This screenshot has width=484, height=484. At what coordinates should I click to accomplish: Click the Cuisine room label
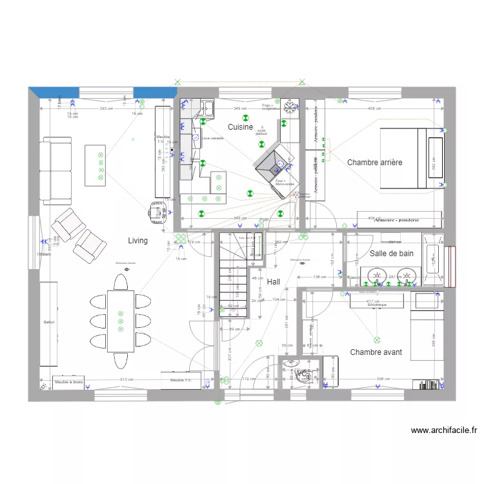point(240,127)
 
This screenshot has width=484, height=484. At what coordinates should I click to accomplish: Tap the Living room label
point(137,241)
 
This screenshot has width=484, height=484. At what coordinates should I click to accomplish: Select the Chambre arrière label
point(374,163)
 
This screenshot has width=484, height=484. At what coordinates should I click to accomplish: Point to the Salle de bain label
point(392,254)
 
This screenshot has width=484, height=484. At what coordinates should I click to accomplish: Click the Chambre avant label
point(376,352)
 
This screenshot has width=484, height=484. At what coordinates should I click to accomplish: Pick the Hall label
point(274,282)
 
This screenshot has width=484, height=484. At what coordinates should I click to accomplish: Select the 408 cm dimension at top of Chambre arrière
point(374,108)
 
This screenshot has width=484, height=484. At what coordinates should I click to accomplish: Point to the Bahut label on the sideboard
point(49,322)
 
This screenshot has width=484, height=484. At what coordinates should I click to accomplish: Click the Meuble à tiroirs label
point(68,382)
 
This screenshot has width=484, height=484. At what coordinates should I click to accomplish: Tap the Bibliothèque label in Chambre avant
point(377,305)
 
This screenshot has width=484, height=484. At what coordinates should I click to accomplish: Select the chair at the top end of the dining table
point(121,282)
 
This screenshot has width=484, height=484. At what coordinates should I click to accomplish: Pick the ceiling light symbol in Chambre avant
point(376,339)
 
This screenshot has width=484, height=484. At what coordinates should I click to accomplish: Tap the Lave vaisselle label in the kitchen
point(212,138)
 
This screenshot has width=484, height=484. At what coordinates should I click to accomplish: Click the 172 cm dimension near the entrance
point(245,379)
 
